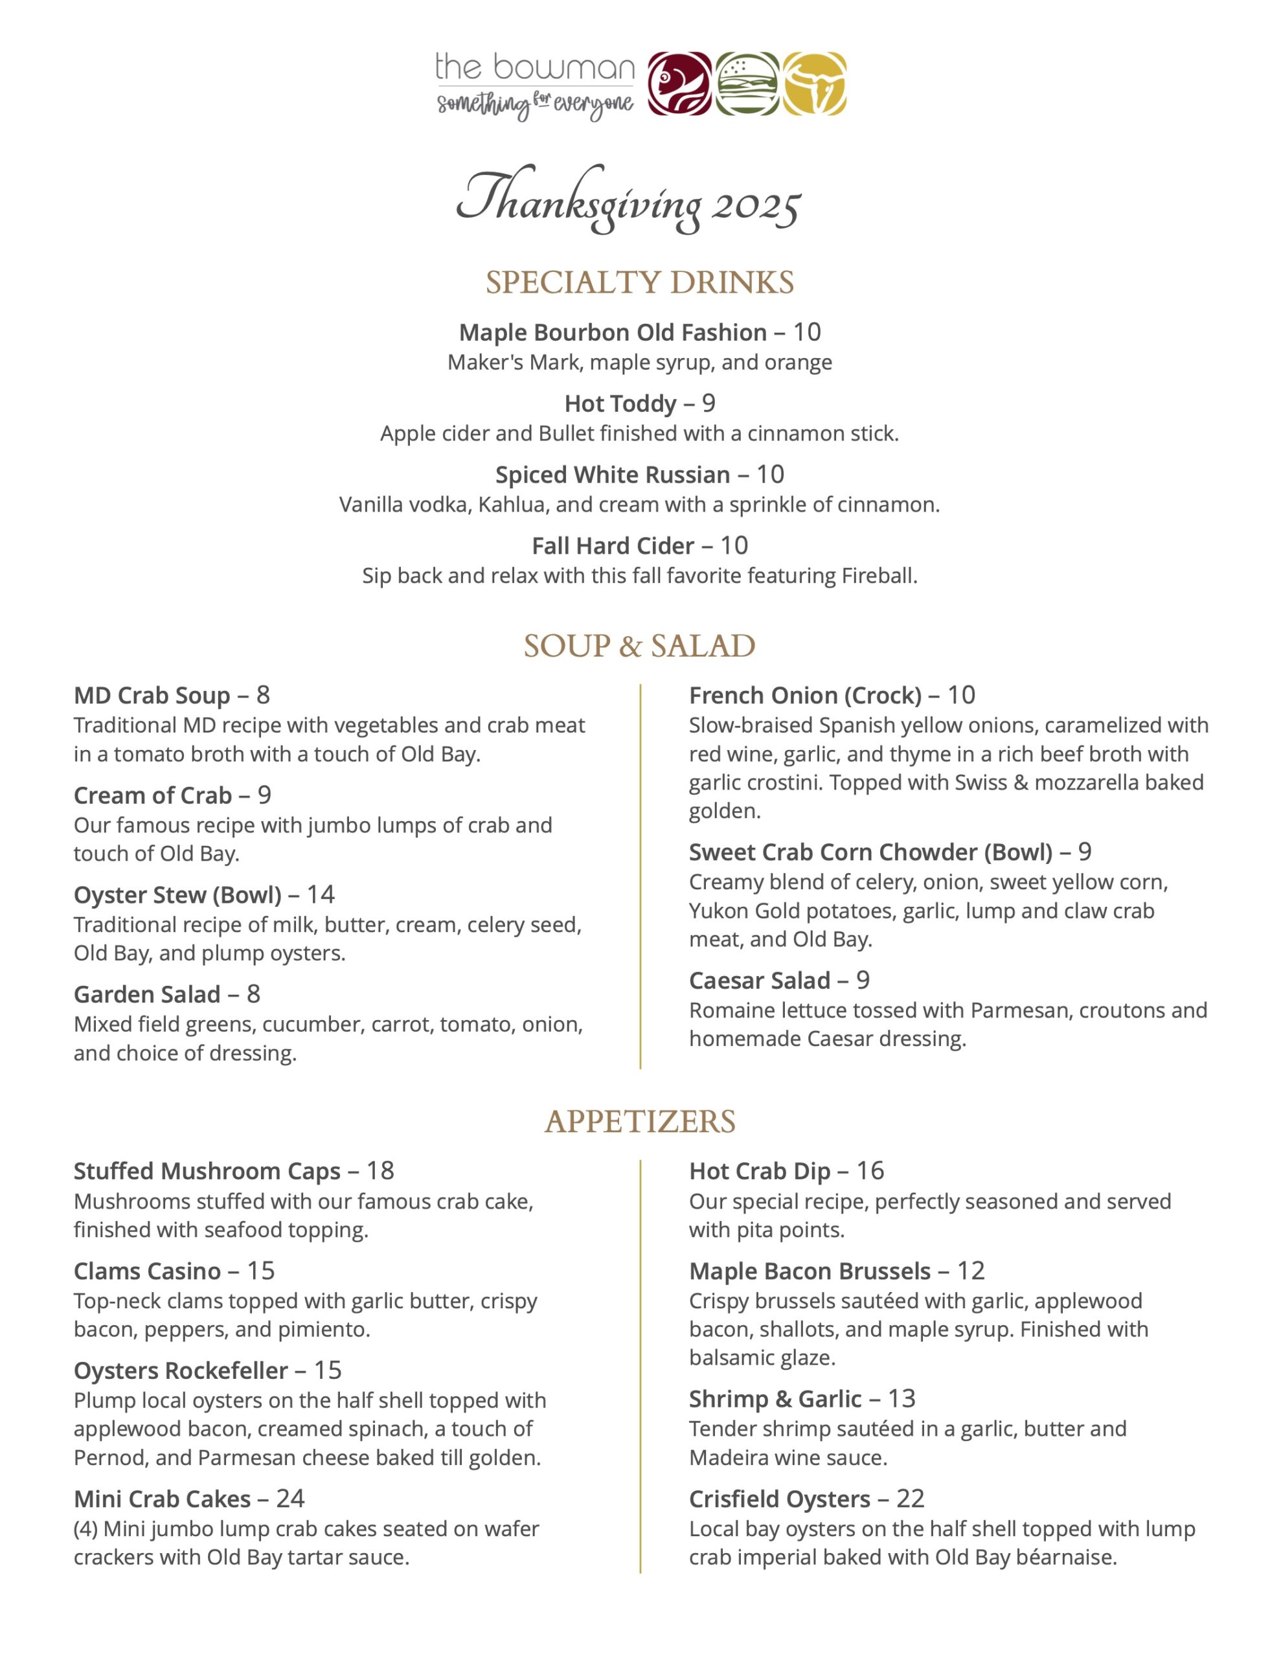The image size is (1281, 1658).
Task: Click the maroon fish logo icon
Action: [x=679, y=84]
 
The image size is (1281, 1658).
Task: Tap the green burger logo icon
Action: [x=747, y=84]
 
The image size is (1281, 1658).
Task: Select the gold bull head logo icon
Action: [x=815, y=84]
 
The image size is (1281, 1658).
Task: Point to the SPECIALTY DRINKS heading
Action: [x=639, y=282]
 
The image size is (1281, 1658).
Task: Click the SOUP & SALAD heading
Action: [x=639, y=646]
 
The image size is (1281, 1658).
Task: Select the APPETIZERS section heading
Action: [x=639, y=1121]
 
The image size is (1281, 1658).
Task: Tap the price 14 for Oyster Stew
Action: [x=321, y=894]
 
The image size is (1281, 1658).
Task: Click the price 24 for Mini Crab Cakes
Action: [x=290, y=1498]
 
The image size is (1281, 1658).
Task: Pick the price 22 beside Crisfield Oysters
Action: [x=911, y=1498]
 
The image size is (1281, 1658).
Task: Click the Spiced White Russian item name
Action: [x=612, y=475]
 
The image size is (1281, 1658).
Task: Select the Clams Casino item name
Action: [x=147, y=1271]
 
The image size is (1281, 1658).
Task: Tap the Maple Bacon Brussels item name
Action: [x=810, y=1271]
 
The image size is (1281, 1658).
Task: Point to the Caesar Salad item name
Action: [x=759, y=980]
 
